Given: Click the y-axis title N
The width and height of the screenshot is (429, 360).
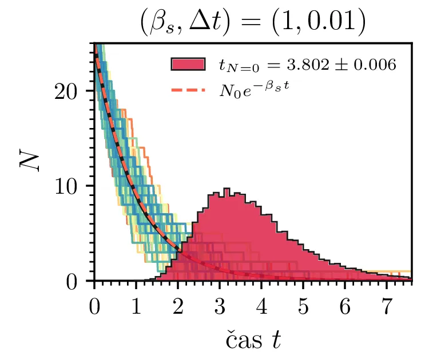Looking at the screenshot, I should (29, 163).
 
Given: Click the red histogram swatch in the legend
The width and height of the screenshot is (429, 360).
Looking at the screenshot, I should (188, 65).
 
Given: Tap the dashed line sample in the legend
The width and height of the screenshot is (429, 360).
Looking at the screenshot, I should (188, 90).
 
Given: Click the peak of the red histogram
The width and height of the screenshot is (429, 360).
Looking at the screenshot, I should (227, 189).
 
